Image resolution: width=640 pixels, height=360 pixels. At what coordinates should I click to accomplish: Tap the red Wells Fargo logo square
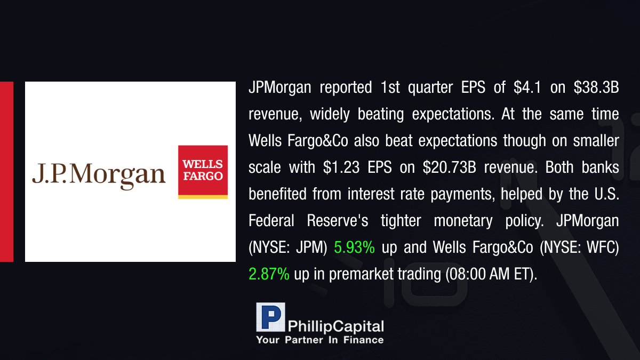pyautogui.click(x=203, y=170)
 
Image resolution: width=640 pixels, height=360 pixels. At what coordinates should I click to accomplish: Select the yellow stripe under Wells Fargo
pyautogui.click(x=203, y=197)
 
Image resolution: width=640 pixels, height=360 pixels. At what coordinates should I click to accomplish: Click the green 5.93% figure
pyautogui.click(x=354, y=247)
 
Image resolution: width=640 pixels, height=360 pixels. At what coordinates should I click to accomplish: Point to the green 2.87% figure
pyautogui.click(x=269, y=274)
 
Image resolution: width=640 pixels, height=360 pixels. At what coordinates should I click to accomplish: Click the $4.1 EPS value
pyautogui.click(x=527, y=87)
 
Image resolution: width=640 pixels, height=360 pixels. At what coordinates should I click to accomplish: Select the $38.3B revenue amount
pyautogui.click(x=596, y=87)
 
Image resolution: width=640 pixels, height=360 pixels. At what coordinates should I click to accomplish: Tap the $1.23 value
pyautogui.click(x=341, y=167)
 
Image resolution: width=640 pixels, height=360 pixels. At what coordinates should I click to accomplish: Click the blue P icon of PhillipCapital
pyautogui.click(x=270, y=317)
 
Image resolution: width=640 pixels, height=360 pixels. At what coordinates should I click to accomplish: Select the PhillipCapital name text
pyautogui.click(x=335, y=326)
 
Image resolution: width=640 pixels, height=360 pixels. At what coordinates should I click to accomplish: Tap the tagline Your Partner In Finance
pyautogui.click(x=319, y=340)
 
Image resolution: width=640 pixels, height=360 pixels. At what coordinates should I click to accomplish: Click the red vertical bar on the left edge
pyautogui.click(x=6, y=172)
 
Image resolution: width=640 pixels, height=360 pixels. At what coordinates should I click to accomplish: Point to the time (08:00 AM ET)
pyautogui.click(x=491, y=274)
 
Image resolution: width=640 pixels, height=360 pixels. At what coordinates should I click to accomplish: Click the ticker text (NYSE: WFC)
pyautogui.click(x=579, y=247)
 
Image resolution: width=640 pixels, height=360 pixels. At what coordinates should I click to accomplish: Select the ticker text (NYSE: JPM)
pyautogui.click(x=287, y=247)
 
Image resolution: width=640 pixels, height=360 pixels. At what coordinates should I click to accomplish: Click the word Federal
pyautogui.click(x=271, y=221)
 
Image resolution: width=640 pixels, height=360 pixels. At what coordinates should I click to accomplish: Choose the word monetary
pyautogui.click(x=463, y=221)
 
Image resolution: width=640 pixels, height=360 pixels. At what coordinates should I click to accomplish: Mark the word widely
pyautogui.click(x=330, y=114)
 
